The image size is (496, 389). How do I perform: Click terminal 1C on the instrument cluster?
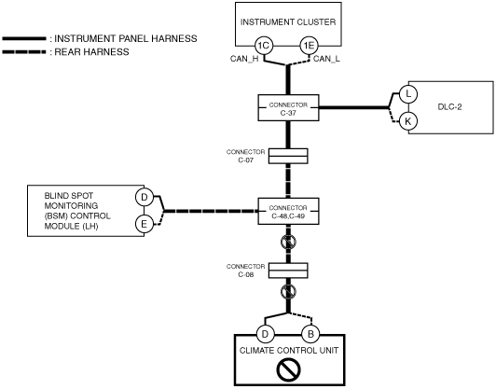tap(264, 46)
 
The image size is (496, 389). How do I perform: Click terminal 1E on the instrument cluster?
tap(309, 46)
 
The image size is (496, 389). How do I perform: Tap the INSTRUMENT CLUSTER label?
tap(288, 22)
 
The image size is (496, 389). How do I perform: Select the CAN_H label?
tap(244, 59)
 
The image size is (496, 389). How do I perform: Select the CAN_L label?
tap(326, 59)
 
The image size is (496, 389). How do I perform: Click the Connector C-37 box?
tap(288, 107)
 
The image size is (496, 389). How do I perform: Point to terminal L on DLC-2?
tap(408, 94)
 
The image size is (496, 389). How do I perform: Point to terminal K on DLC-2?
tap(408, 121)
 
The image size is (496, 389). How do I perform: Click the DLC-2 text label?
tap(449, 107)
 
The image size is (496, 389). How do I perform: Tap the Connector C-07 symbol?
tap(288, 156)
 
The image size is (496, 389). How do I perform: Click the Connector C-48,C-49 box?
tap(288, 211)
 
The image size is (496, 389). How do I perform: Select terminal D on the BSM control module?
tap(145, 197)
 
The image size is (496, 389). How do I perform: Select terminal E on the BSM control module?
tap(145, 224)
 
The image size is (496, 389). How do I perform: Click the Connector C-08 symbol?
tap(288, 271)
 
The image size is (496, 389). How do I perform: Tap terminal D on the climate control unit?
tap(265, 334)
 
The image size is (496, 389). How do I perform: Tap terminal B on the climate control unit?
tap(310, 334)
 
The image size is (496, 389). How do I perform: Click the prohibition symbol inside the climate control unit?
tap(288, 369)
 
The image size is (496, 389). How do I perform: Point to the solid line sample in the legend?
tap(24, 38)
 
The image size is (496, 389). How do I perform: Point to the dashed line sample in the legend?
tap(24, 51)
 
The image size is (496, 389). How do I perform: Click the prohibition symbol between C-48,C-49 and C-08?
tap(288, 243)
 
